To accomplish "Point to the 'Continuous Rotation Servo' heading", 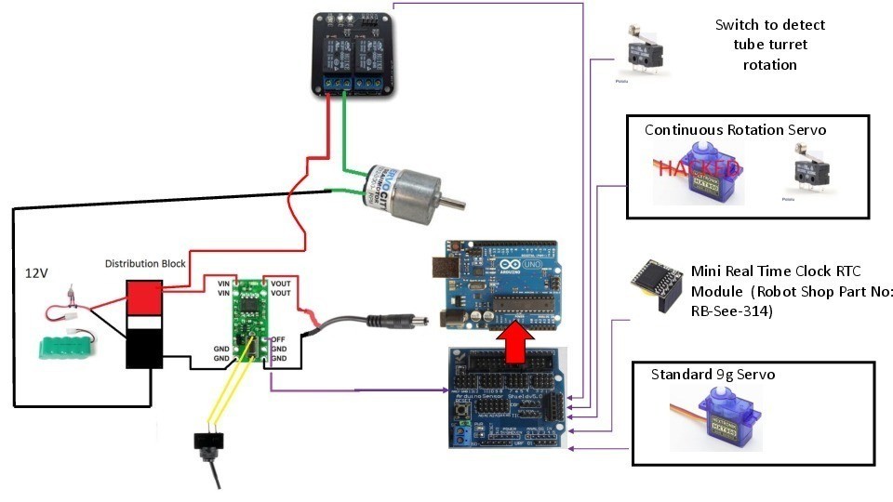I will pyautogui.click(x=735, y=129).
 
